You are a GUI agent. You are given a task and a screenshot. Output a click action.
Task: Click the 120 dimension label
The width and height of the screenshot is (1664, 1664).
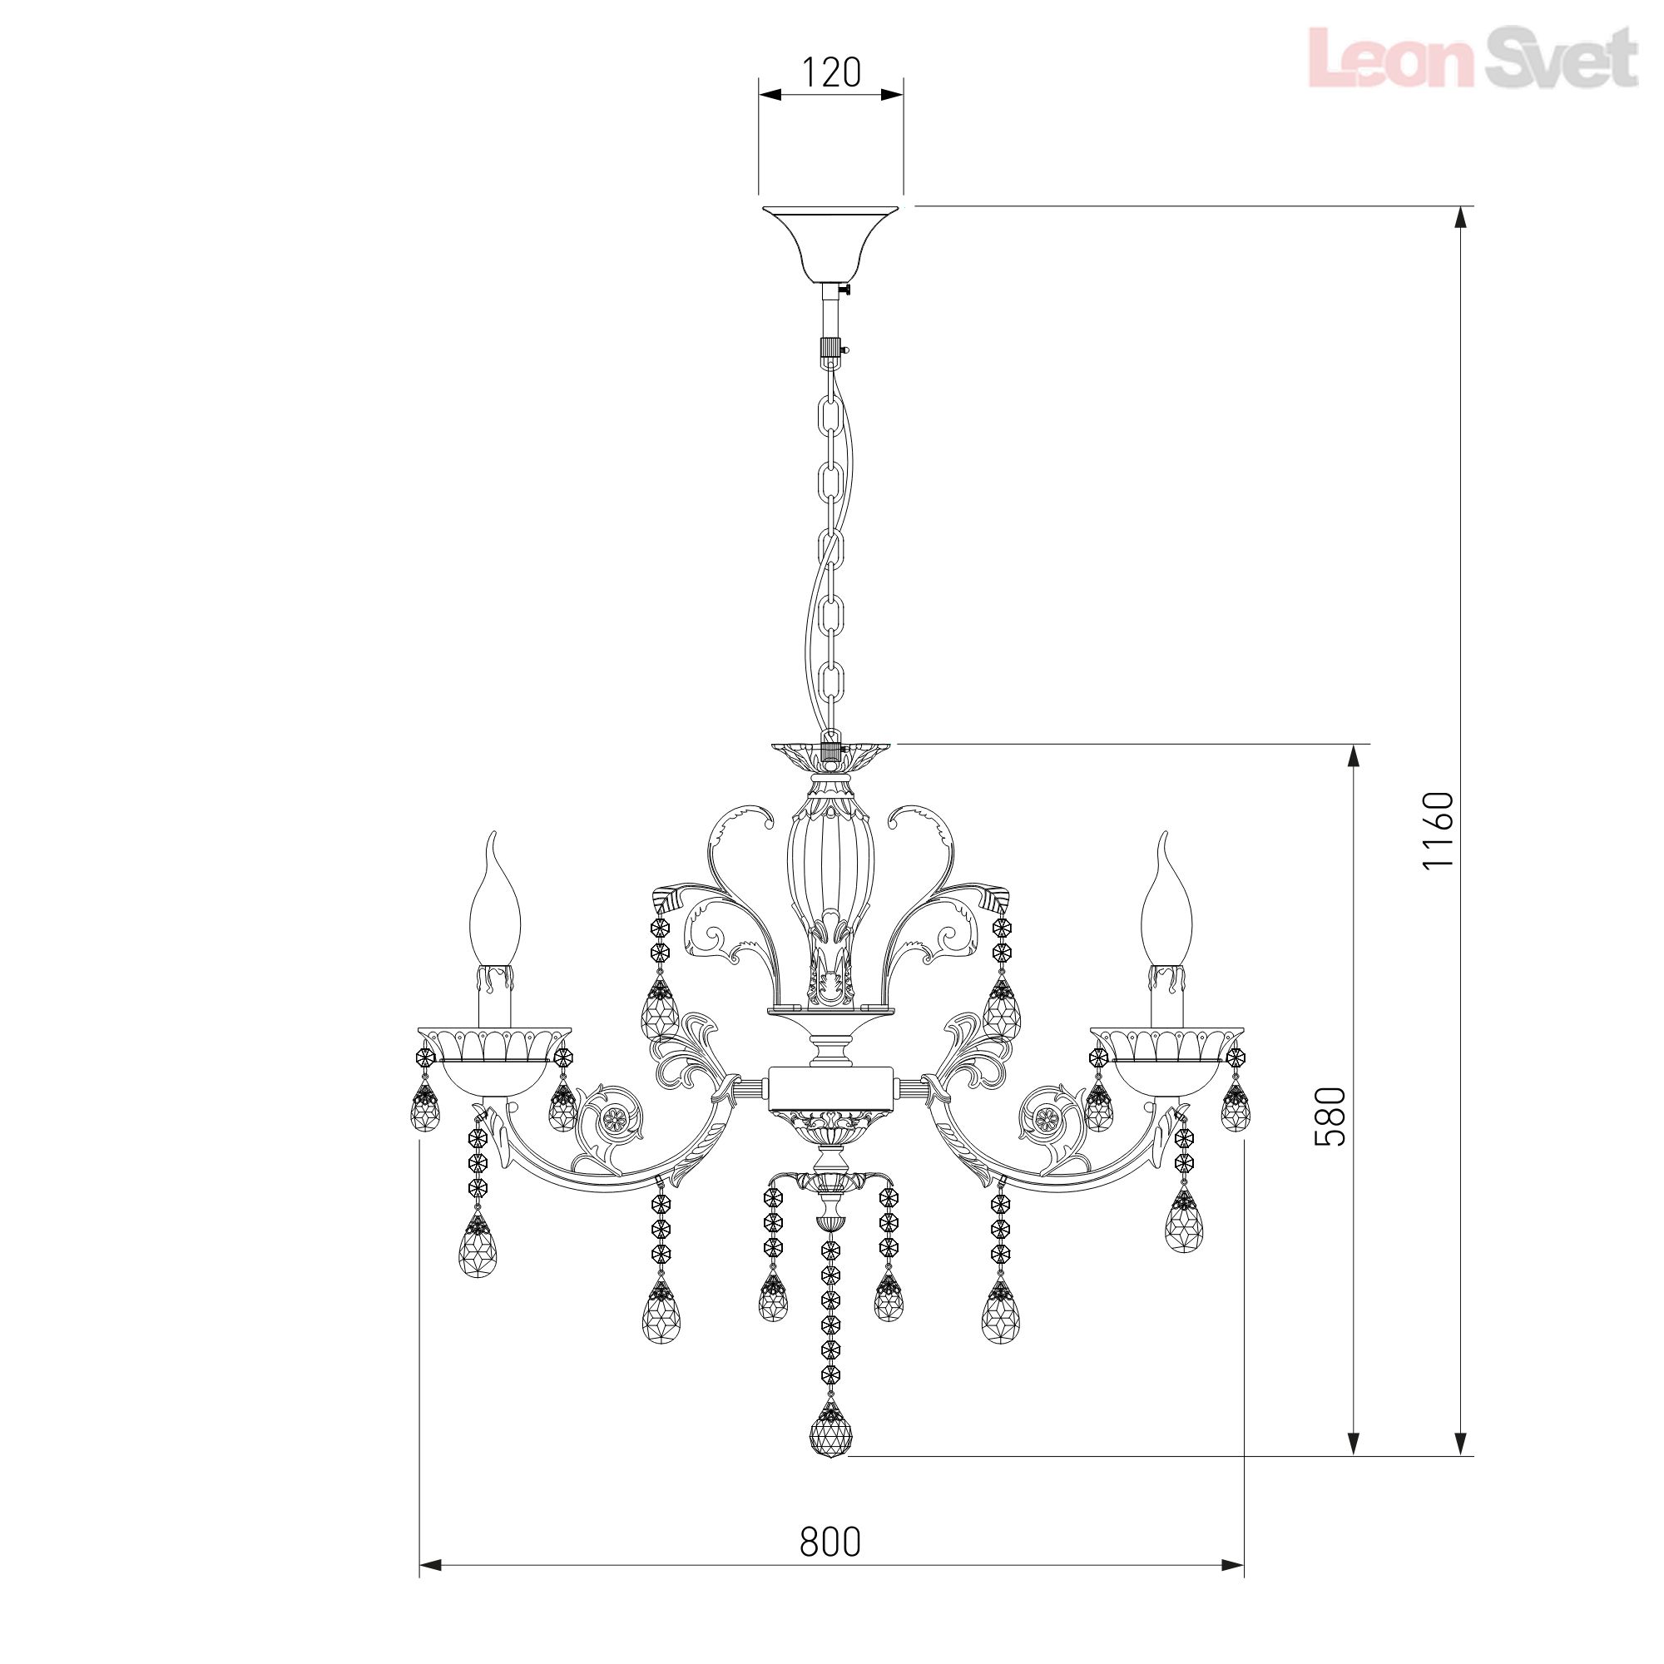coord(831,72)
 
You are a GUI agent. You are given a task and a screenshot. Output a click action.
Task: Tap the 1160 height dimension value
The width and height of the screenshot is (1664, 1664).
coord(1438,831)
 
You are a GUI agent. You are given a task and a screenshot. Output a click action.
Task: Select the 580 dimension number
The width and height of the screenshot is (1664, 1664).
coord(1330,1117)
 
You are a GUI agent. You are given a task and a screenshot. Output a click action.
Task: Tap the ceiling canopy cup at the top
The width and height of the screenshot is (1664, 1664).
coord(830,245)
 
